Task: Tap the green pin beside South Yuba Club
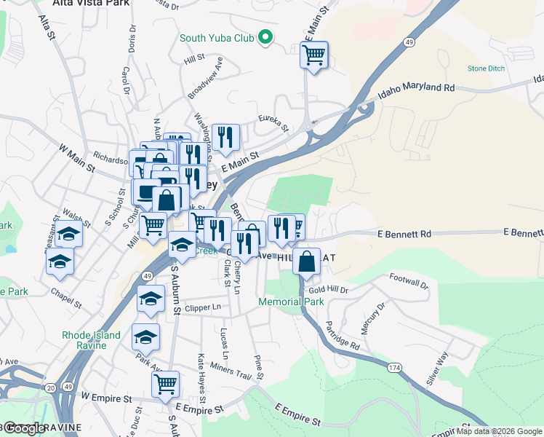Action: (x=266, y=36)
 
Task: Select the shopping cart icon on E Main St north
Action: (x=313, y=55)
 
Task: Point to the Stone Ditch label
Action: (x=486, y=68)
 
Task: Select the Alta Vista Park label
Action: (x=91, y=3)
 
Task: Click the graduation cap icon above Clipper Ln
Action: (x=151, y=298)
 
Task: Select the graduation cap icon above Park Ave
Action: (x=145, y=337)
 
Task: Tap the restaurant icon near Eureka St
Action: (x=225, y=136)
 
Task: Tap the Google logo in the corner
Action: (x=23, y=428)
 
